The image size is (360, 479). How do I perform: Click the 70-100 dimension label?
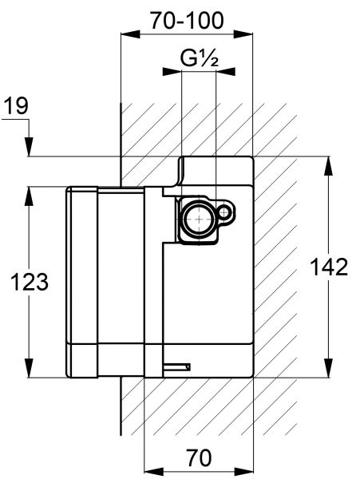pyautogui.click(x=187, y=21)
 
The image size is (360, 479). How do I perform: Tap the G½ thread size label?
pyautogui.click(x=199, y=58)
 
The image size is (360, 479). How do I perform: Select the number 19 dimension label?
pyautogui.click(x=17, y=106)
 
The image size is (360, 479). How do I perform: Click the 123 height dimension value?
pyautogui.click(x=30, y=282)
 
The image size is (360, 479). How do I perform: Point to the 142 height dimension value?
pyautogui.click(x=329, y=267)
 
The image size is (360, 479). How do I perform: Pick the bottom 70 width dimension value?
pyautogui.click(x=199, y=457)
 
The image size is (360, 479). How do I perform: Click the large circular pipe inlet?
pyautogui.click(x=199, y=220)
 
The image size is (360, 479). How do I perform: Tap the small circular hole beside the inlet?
pyautogui.click(x=224, y=212)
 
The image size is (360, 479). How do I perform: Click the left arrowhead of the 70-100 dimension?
pyautogui.click(x=130, y=34)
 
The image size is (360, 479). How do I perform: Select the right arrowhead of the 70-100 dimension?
pyautogui.click(x=243, y=34)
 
